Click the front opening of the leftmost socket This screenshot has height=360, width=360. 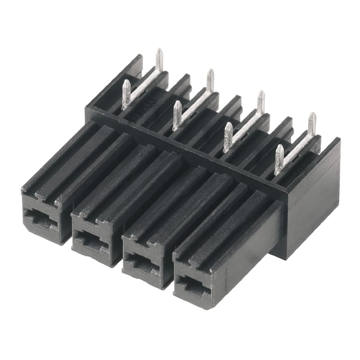click(x=41, y=219)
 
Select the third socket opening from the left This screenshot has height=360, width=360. click(x=142, y=263)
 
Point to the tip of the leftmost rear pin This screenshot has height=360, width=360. click(x=159, y=52)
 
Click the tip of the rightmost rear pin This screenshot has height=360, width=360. click(x=312, y=116)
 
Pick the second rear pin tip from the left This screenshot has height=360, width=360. click(x=210, y=73)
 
